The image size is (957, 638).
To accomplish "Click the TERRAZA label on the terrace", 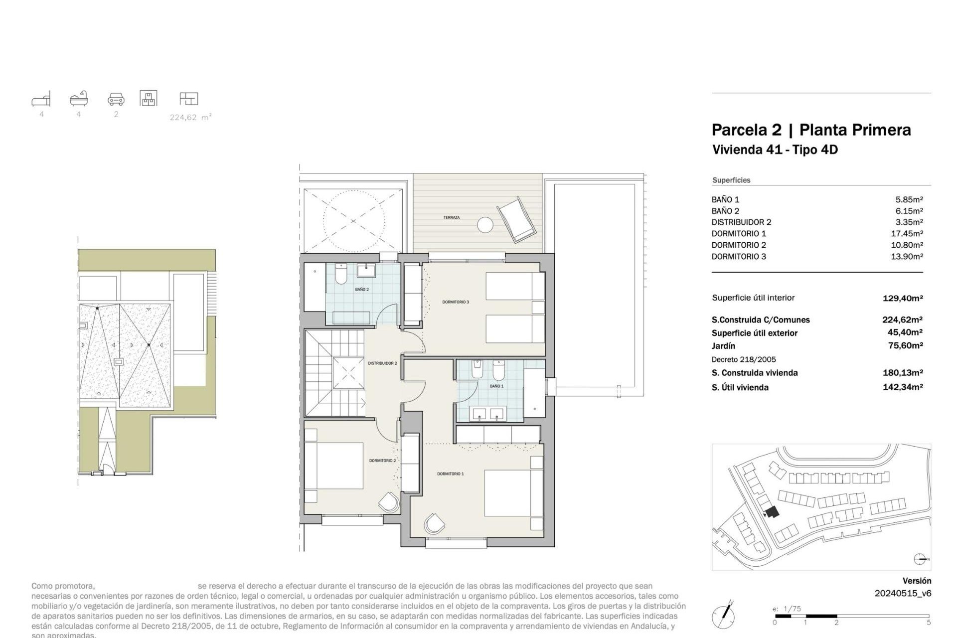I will tap(451, 218).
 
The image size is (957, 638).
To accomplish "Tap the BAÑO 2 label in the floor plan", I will tap(362, 290).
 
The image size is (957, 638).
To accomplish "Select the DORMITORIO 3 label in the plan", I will tap(456, 302).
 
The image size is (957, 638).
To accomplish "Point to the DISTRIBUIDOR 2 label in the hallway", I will tap(382, 363).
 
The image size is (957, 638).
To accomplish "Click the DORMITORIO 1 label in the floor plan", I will tap(450, 474).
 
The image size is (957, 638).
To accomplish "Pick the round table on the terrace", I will tap(485, 225).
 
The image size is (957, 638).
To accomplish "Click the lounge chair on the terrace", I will tap(517, 220).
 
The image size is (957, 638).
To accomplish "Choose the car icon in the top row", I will tap(116, 99).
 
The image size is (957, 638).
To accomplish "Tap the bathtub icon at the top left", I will tap(79, 99).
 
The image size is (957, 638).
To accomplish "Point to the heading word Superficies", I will tap(731, 180).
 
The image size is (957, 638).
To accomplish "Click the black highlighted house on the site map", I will tap(772, 512).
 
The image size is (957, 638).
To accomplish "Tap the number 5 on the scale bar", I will tap(928, 623).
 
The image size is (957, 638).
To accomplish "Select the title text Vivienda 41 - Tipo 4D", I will tap(775, 150).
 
